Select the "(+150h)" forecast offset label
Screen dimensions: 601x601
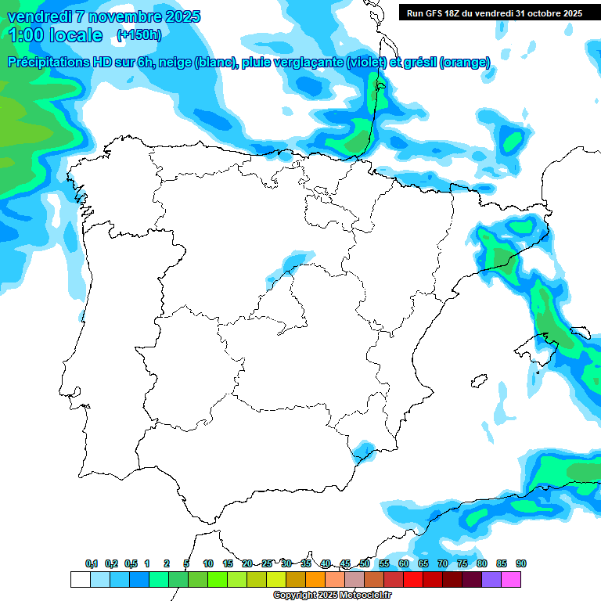tap(139, 34)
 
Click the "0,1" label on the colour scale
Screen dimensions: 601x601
tap(92, 564)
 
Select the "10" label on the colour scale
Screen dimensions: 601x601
tap(208, 564)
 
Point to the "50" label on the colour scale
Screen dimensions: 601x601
tap(365, 564)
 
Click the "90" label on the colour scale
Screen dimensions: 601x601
tap(521, 564)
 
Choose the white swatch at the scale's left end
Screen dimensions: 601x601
tap(80, 579)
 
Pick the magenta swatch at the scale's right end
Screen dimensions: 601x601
tap(511, 579)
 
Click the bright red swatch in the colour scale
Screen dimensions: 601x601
tap(413, 579)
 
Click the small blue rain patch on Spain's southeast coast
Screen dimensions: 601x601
tap(362, 451)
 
